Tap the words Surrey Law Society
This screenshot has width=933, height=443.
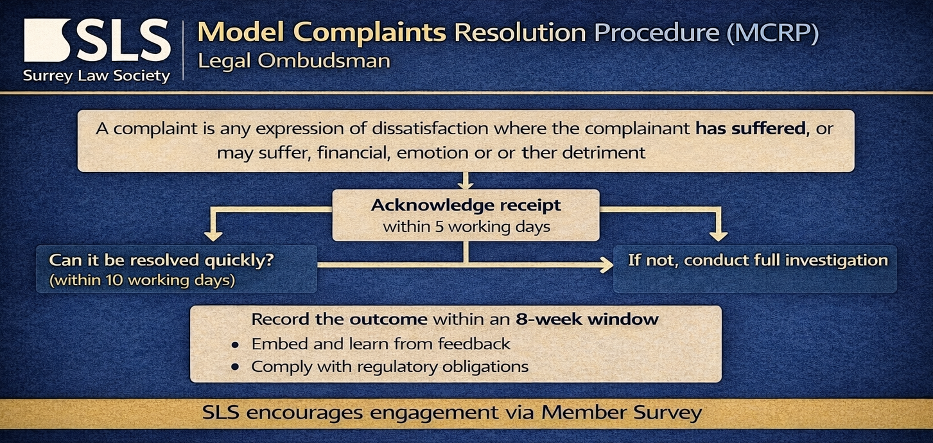96,76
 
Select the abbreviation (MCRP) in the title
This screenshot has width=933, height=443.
772,33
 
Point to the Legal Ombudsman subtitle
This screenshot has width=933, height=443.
294,61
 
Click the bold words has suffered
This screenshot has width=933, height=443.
751,128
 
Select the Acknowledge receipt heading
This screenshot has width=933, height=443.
466,205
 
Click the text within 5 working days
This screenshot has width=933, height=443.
466,227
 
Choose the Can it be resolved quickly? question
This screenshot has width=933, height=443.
162,261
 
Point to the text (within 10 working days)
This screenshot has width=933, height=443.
142,280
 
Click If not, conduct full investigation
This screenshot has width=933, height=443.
758,261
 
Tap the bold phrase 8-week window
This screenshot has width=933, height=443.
588,319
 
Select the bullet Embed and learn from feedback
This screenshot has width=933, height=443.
381,344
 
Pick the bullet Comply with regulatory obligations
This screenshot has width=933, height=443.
390,367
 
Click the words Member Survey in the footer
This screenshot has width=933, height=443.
622,413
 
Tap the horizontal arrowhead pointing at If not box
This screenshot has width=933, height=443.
606,265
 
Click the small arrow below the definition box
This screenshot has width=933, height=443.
466,181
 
